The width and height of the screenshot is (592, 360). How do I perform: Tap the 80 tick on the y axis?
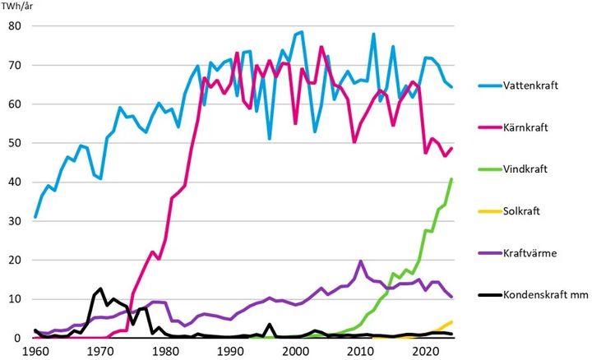tap(15, 25)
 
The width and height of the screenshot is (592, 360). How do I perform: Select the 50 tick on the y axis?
tap(15, 143)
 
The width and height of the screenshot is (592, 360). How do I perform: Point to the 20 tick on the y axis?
tap(15, 260)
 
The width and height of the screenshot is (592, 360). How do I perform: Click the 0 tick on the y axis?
tap(17, 338)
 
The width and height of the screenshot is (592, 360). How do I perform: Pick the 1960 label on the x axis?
tap(35, 352)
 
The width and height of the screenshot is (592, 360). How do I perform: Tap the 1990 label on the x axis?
tap(230, 352)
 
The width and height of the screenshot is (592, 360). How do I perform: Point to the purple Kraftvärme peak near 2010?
tap(360, 261)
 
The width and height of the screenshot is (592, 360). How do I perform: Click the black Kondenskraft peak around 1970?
tap(100, 288)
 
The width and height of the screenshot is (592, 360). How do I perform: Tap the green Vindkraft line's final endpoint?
tap(452, 179)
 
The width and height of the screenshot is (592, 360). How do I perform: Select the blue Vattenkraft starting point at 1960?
tap(35, 217)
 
